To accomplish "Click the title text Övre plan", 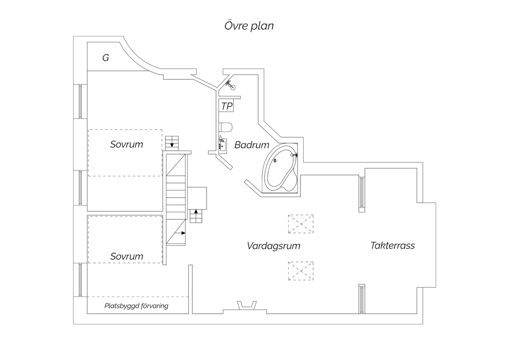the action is (249, 26).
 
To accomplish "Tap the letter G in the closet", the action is (106, 58).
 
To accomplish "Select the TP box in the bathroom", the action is (226, 105).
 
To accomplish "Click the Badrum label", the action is (252, 145).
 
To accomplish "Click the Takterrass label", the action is (392, 246).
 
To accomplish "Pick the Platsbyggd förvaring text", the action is (136, 306).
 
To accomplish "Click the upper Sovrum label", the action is (127, 144).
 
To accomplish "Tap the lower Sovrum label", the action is (127, 256).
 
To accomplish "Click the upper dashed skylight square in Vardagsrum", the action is (301, 224).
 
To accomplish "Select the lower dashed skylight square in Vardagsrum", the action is (301, 271).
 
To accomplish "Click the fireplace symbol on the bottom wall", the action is (247, 305).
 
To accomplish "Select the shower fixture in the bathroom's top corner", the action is (230, 85).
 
